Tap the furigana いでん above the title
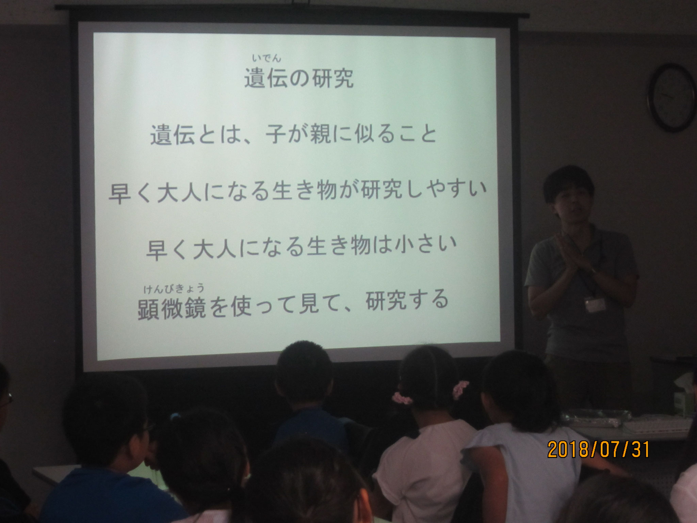(267, 59)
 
